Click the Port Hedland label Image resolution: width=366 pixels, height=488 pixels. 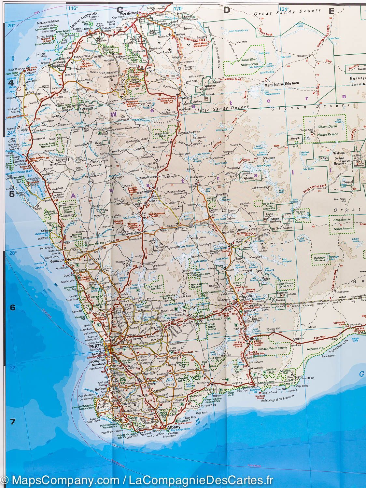(127, 14)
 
